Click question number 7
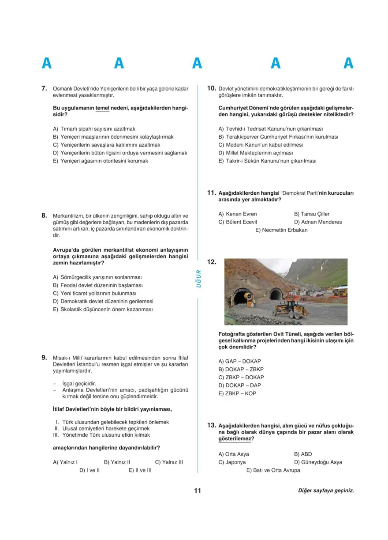coord(44,88)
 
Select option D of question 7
coord(120,153)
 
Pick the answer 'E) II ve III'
coord(140,471)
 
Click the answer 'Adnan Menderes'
coord(318,222)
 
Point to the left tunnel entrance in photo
coord(242,297)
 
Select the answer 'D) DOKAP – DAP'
coord(240,385)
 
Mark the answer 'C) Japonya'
coord(232,462)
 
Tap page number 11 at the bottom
coord(197,491)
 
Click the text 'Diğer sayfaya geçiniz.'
coord(326,491)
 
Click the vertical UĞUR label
coord(198,279)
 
